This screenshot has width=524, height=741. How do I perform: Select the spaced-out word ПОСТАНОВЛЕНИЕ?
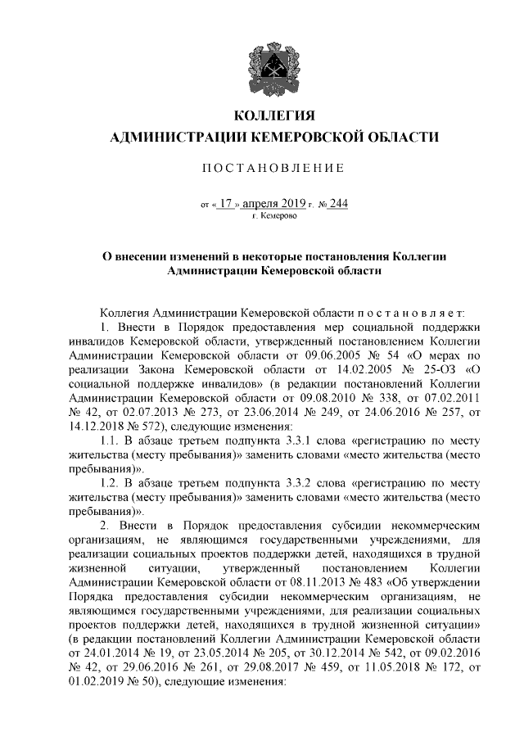point(273,169)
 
